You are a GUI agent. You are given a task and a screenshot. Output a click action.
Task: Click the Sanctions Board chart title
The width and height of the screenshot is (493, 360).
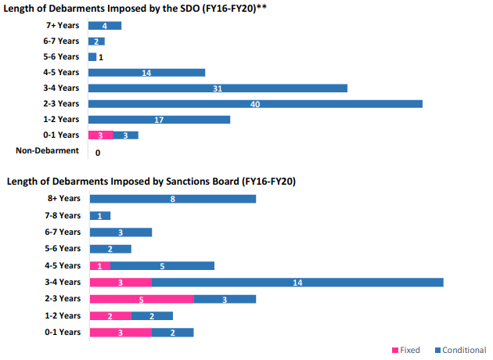151,182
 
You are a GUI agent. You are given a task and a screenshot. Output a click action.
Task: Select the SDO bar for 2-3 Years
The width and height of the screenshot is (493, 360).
255,104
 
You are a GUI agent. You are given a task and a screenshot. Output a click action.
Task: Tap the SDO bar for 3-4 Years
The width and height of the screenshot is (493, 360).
218,88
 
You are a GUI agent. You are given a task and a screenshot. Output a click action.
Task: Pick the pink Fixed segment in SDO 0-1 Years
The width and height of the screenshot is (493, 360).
101,135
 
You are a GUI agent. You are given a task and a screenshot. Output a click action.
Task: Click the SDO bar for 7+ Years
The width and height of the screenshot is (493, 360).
105,26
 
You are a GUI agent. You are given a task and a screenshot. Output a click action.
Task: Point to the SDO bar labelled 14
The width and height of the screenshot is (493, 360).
146,73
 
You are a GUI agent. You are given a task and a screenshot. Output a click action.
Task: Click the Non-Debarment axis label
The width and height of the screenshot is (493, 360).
48,151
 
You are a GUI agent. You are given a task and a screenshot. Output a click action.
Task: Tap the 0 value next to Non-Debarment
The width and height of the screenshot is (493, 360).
98,153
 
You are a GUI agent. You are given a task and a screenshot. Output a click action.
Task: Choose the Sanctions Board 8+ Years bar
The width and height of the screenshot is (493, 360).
173,199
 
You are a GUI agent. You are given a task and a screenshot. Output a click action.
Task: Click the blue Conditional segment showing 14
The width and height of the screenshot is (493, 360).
297,282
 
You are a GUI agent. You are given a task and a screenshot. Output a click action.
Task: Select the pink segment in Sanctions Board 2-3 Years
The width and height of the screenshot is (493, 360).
142,298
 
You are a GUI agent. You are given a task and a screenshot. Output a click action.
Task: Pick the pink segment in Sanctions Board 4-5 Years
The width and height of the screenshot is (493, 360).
100,265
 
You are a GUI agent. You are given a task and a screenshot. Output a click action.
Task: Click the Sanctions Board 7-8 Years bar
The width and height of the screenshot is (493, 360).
100,215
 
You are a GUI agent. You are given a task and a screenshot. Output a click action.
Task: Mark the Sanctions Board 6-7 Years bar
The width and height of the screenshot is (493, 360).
121,232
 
